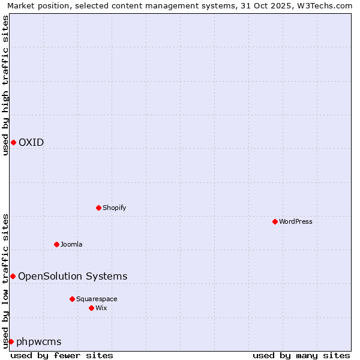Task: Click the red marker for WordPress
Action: [275, 221]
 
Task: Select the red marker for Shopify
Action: [98, 208]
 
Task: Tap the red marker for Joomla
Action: [56, 244]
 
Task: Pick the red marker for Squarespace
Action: [72, 299]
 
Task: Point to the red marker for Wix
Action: [91, 308]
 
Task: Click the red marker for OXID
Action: [13, 142]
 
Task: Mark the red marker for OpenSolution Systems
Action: [13, 276]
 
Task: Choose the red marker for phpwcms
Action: [11, 341]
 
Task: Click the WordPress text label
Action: [296, 221]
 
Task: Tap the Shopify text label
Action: [114, 208]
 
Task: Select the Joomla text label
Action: [71, 244]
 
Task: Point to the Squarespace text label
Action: [97, 299]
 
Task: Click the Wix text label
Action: [101, 308]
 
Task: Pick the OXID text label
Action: [31, 142]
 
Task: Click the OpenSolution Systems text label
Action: [73, 276]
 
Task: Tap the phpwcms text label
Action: [39, 341]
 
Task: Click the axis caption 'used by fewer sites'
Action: [62, 355]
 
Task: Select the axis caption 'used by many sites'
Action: [301, 355]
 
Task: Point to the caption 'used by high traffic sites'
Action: [5, 85]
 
